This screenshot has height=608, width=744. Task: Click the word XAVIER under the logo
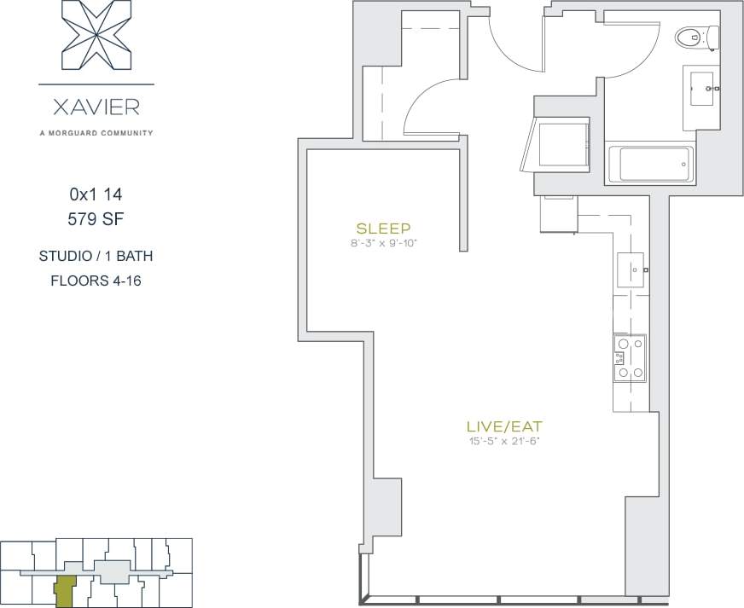point(96,108)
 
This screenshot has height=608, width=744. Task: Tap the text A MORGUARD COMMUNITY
point(96,132)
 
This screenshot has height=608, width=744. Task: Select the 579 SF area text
point(96,219)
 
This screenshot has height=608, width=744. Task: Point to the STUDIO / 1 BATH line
point(96,256)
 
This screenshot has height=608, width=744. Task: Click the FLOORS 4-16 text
point(96,280)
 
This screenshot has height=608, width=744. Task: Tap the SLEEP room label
point(384,229)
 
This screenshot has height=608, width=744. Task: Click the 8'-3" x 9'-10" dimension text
point(384,243)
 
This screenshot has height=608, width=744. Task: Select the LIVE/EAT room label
point(504,426)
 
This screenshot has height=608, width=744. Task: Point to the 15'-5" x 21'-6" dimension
point(504,441)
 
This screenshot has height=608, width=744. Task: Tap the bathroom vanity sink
point(703,87)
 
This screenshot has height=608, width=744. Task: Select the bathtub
point(654,164)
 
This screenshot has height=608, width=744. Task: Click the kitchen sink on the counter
point(631,270)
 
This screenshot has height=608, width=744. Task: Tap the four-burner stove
point(629,357)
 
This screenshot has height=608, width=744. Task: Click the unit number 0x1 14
point(96,194)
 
